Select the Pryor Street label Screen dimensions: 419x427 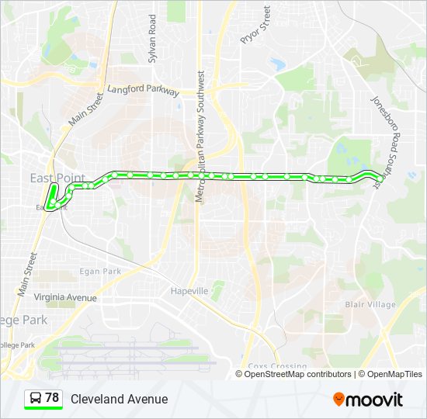tap(255, 25)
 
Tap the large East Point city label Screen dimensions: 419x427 tap(57, 178)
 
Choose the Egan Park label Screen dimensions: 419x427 tap(100, 272)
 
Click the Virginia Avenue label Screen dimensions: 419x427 tap(65, 297)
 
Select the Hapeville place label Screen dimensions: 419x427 tap(189, 291)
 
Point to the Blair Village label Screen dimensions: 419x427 tap(370, 304)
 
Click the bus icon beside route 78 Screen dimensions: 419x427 tap(36, 399)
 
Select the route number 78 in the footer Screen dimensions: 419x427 tap(52, 398)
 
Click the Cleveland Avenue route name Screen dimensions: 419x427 tap(119, 399)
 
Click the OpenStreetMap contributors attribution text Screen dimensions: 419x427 tap(298, 374)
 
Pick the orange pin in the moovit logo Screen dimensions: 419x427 tap(338, 400)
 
